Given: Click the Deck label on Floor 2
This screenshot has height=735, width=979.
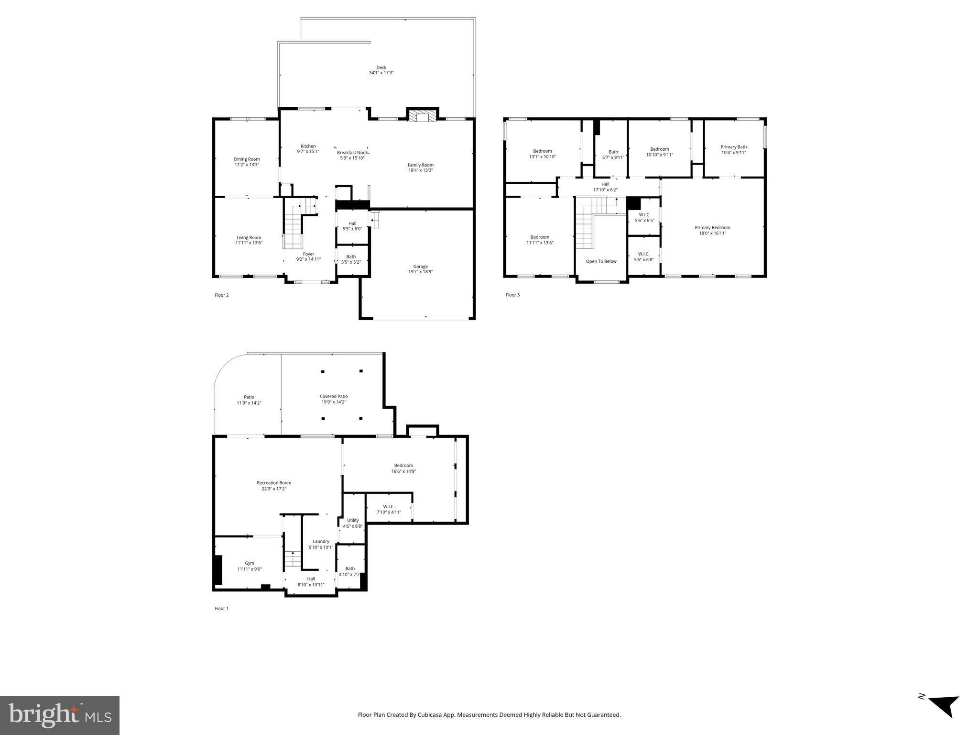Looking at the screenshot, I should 381,67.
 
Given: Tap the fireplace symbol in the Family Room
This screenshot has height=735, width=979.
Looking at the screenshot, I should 422,117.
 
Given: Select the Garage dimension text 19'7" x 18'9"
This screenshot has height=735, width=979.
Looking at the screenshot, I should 420,272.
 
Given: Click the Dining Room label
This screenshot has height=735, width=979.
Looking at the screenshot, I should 247,159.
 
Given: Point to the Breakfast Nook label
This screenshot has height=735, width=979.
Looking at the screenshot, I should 352,153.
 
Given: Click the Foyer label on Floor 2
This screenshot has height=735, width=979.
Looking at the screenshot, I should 308,254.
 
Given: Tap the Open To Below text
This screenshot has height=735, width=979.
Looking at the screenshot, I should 601,261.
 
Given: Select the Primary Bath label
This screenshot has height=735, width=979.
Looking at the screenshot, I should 733,147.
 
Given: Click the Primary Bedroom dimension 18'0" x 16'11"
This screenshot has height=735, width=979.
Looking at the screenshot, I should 712,234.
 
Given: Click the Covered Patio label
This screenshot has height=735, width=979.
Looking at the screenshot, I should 334,396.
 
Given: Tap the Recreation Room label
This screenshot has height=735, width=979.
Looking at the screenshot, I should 274,483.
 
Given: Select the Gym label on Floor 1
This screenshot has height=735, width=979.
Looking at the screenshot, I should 250,563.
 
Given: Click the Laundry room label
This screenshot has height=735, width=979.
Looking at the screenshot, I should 321,542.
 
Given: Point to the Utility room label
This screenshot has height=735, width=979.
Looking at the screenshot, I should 353,520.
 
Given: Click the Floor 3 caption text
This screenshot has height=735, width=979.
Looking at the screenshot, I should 512,295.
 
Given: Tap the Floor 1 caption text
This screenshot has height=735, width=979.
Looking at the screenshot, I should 221,609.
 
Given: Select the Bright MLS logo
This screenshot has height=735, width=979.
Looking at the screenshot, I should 60,715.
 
